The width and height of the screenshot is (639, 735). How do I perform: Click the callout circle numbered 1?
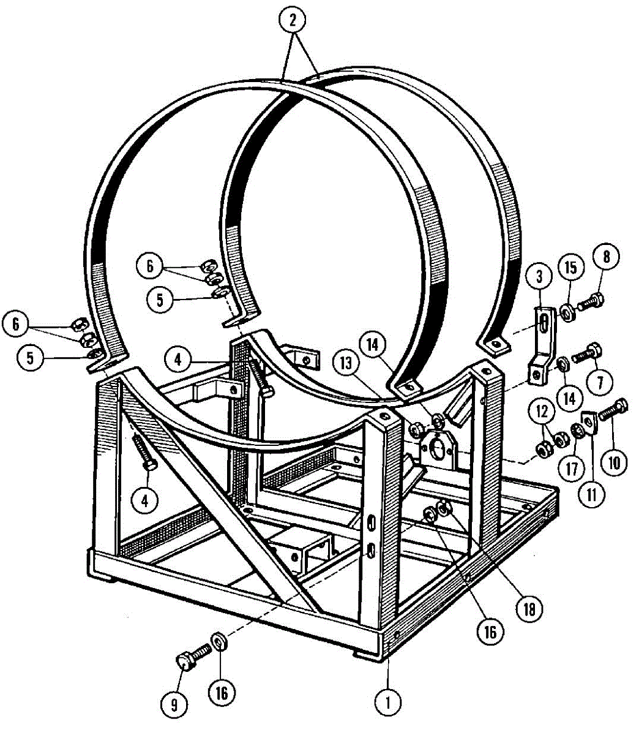[x=388, y=699]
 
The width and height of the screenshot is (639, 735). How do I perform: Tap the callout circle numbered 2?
[x=293, y=21]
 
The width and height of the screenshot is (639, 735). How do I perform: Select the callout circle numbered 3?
[x=539, y=277]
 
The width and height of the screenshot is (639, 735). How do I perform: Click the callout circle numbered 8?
[x=606, y=257]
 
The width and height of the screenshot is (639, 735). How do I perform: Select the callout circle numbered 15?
[x=570, y=268]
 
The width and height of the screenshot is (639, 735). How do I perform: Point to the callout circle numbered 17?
[x=571, y=469]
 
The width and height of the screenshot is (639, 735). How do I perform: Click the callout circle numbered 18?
[x=529, y=608]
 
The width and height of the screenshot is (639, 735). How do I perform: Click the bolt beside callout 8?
[x=591, y=301]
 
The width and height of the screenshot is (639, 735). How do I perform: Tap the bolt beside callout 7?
[x=586, y=353]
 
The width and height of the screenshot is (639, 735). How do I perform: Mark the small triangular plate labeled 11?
[x=589, y=421]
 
